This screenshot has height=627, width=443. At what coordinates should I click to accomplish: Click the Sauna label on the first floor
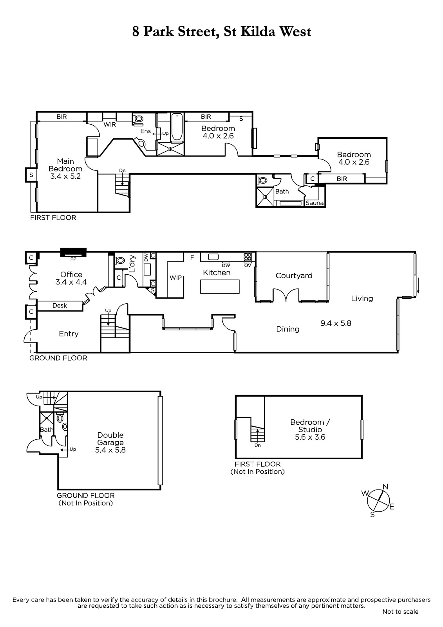[x=314, y=203]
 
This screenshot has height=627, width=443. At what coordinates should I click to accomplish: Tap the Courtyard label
[x=294, y=276]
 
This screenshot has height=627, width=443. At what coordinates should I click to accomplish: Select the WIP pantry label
[x=175, y=278]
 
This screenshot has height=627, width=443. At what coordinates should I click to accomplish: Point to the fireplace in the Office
[x=73, y=252]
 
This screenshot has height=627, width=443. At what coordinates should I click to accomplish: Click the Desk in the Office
[x=60, y=306]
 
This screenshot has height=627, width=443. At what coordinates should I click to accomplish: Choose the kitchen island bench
[x=220, y=286]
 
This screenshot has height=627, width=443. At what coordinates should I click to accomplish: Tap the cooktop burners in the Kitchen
[x=248, y=257]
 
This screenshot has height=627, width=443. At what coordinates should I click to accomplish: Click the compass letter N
[x=385, y=486]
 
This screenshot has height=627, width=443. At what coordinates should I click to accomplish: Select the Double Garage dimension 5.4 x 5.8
[x=110, y=450]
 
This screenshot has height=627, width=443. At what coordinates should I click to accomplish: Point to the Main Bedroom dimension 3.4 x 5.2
[x=65, y=176]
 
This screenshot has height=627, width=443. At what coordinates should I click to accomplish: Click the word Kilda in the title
[x=258, y=31]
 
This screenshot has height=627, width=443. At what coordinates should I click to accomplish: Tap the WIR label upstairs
[x=110, y=125]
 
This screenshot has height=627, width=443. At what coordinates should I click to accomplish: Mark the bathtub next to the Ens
[x=177, y=127]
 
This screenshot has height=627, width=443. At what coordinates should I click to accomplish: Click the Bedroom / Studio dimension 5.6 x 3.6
[x=310, y=437]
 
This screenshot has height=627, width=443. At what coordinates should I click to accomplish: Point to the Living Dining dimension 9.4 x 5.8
[x=336, y=323]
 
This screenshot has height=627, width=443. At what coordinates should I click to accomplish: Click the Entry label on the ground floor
[x=69, y=333]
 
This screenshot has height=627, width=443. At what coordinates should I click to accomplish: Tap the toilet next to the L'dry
[x=120, y=260]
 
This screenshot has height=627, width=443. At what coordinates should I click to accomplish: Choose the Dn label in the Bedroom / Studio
[x=257, y=445]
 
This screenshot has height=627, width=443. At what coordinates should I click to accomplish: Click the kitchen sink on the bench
[x=213, y=257]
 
